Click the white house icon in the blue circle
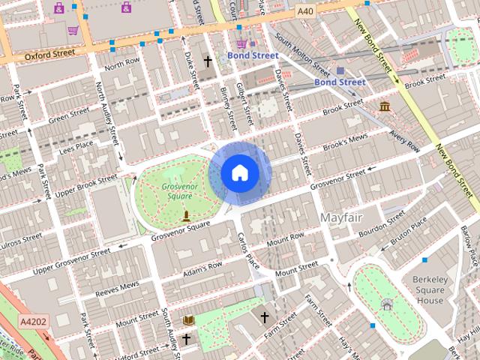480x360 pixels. tap(239, 173)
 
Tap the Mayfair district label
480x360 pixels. tap(341, 217)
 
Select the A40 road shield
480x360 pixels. tap(304, 12)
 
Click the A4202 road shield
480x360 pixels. tap(33, 322)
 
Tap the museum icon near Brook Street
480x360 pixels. tap(385, 106)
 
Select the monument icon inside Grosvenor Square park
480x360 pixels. tap(186, 217)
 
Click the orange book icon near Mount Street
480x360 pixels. tap(189, 321)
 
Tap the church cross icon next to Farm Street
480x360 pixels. tap(264, 317)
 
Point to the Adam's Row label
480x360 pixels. tap(203, 266)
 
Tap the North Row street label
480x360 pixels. tap(122, 64)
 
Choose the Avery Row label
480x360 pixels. tap(403, 140)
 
